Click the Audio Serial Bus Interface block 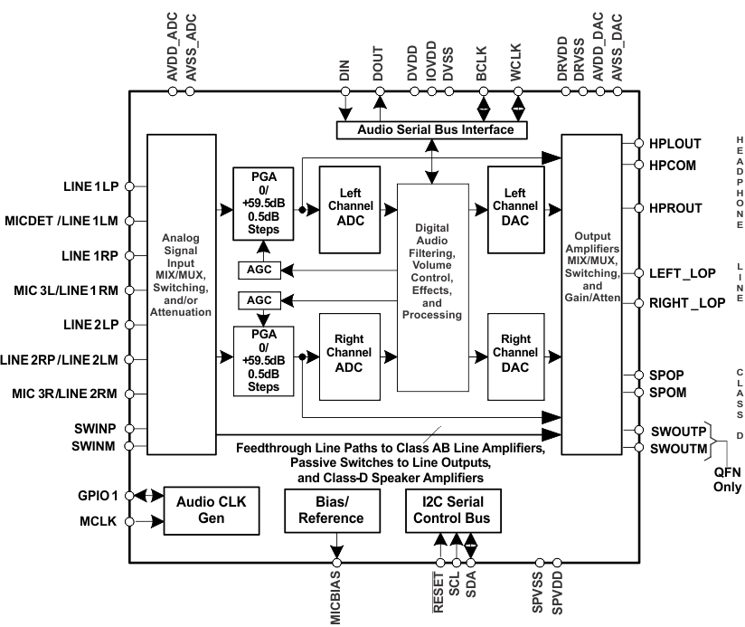point(435,130)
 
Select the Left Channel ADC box point(350,209)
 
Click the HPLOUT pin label point(675,144)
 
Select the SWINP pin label point(93,428)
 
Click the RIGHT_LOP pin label point(687,303)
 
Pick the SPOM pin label point(668,392)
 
